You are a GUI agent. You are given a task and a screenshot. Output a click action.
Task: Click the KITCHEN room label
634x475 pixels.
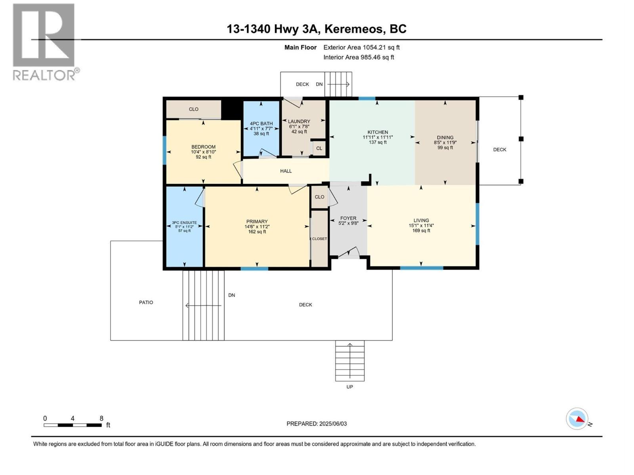pos(378,132)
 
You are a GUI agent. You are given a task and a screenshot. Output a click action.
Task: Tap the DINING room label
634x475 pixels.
pos(445,137)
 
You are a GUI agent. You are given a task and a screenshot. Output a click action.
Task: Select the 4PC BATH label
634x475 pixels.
pos(261,123)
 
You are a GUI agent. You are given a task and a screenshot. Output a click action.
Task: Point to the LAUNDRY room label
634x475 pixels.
pos(299,122)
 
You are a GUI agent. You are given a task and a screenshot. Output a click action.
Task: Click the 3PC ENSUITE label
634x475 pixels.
pos(184,223)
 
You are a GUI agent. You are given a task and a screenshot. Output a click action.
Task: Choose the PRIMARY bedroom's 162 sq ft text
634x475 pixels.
pos(257,232)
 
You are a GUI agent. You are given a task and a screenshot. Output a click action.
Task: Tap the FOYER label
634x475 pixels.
pos(348,218)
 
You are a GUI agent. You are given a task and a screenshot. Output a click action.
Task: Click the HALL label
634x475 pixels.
pos(286,171)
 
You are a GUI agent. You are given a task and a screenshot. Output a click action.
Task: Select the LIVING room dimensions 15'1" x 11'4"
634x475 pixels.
pos(421,226)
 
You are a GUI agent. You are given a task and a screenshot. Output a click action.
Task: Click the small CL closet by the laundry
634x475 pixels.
pos(319,148)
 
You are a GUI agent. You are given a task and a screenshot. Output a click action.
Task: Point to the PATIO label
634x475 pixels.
pos(146,302)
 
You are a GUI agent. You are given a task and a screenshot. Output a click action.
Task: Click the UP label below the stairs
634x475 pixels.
pos(349,387)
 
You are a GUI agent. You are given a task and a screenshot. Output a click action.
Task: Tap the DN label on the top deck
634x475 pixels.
pos(319,84)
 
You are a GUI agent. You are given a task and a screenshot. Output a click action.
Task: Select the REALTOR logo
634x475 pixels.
pos(44,42)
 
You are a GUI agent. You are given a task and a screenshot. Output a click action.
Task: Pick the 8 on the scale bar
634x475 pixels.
pos(101,418)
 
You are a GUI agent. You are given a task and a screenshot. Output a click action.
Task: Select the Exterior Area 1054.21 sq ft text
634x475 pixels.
pos(361,47)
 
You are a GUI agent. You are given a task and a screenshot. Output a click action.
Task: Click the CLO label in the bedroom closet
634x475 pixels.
pos(193,109)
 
